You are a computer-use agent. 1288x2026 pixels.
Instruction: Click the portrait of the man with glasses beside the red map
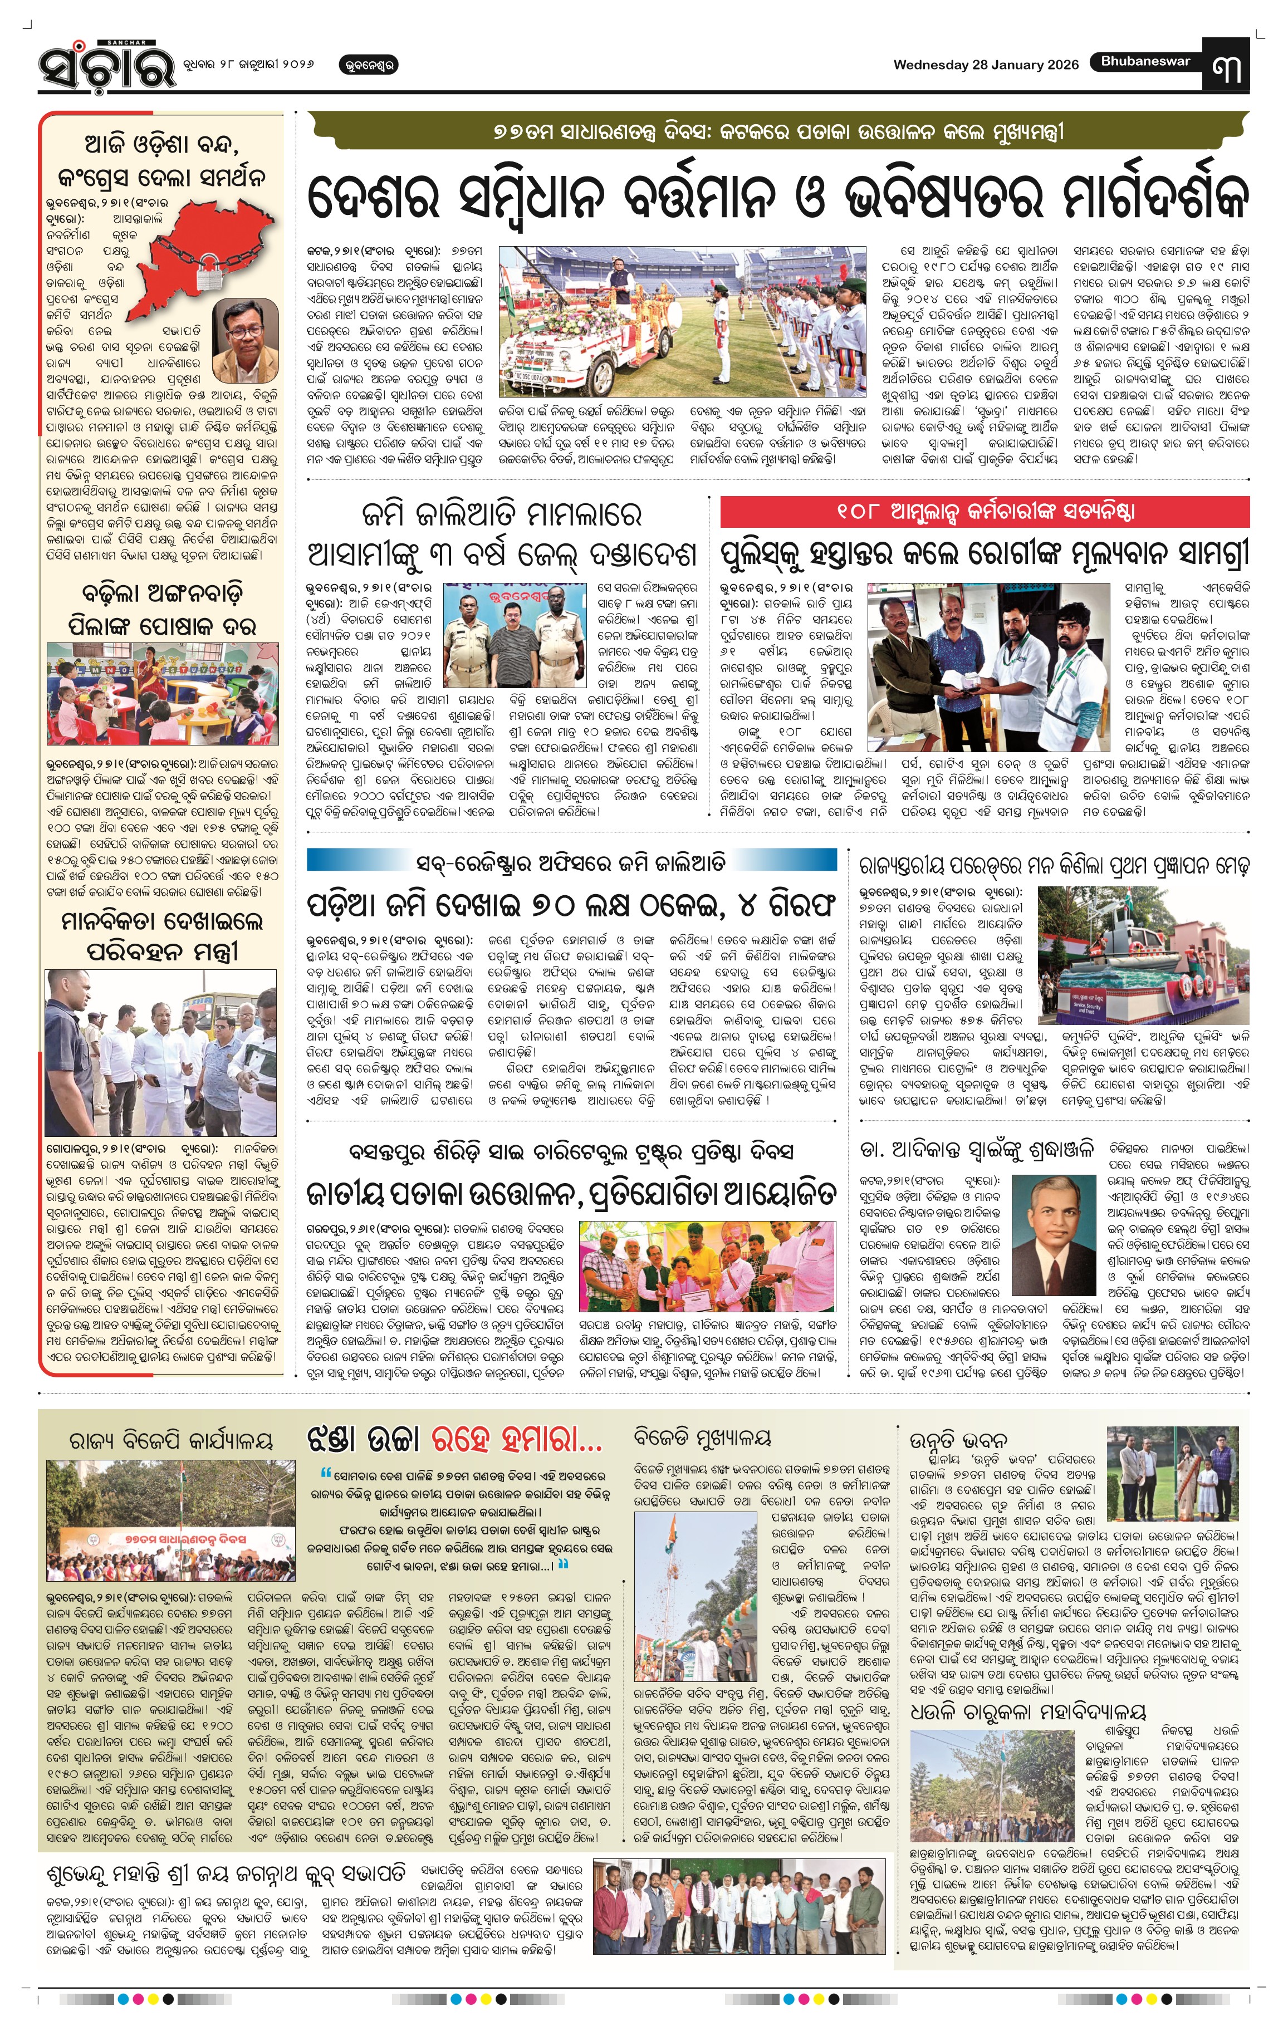click(245, 340)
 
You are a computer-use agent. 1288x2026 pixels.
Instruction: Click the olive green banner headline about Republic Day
click(777, 132)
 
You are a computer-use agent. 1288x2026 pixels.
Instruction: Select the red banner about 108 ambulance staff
click(985, 511)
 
